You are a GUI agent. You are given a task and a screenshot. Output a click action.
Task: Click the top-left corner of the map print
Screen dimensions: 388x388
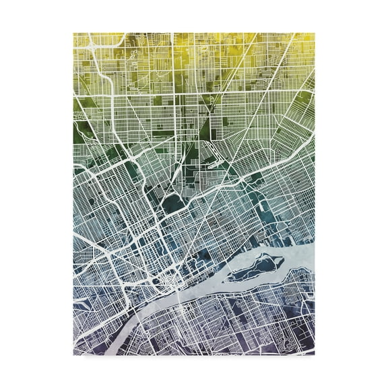(x=73, y=33)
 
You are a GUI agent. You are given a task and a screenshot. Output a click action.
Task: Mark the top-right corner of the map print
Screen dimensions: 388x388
(x=314, y=33)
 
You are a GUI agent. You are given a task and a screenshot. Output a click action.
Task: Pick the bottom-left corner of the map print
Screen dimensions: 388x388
(x=73, y=354)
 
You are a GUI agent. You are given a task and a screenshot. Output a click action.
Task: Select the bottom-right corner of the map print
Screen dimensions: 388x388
(x=314, y=354)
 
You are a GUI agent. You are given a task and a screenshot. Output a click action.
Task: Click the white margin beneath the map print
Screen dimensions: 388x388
(x=194, y=370)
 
